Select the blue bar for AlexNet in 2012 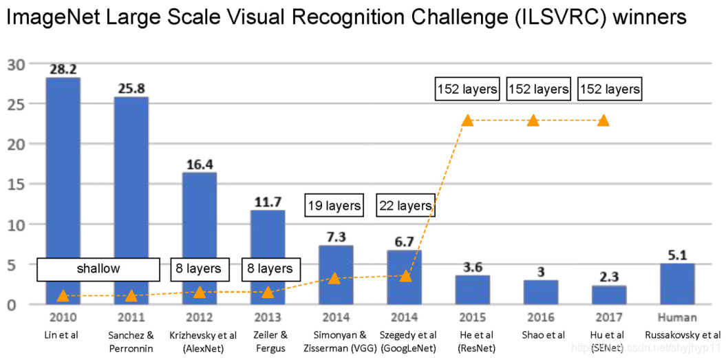coord(200,234)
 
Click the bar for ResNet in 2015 coord(472,290)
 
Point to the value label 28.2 coord(63,70)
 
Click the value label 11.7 coord(268,202)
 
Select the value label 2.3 coord(609,278)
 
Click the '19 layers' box coord(334,205)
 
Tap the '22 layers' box coord(405,205)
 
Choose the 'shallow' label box coord(98,268)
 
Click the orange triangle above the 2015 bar coord(468,120)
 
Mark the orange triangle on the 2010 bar coord(63,296)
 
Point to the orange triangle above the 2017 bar coord(604,120)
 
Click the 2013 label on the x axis coord(268,318)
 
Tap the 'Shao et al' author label coord(541,335)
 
